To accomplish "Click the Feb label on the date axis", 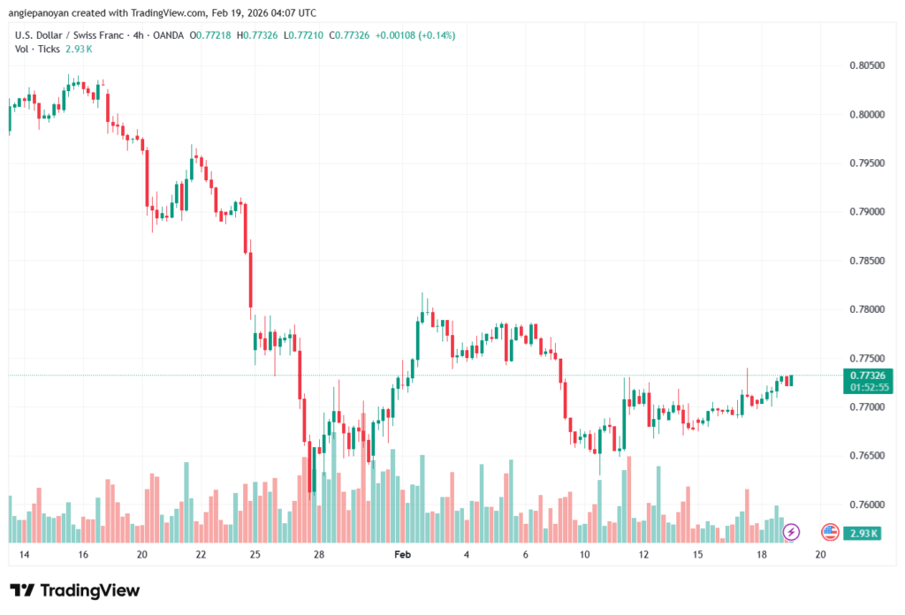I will point(403,555).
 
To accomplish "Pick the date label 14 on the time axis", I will point(24,555).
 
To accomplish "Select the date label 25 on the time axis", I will point(255,555).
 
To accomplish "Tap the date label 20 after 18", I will point(820,555).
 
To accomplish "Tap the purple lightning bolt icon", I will point(791,532).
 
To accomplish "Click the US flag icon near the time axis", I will point(829,532).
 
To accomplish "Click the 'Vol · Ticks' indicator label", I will point(37,49).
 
